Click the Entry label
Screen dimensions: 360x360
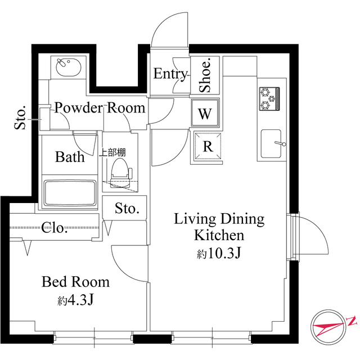point(170,74)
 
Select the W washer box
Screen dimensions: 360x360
point(205,114)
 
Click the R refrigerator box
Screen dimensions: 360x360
point(207,147)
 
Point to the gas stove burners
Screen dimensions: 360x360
point(268,99)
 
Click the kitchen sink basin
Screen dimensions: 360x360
point(271,143)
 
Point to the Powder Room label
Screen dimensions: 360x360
point(100,107)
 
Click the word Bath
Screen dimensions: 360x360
point(70,156)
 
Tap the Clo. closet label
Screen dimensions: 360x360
point(55,228)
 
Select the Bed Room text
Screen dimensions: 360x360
point(75,282)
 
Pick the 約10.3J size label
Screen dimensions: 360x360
point(219,253)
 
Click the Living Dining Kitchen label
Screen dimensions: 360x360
point(219,227)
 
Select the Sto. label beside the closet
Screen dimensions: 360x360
point(127,209)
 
